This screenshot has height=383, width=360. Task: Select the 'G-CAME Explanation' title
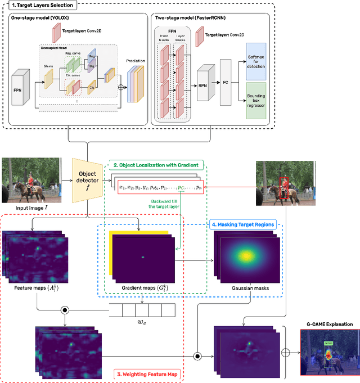pyautogui.click(x=329, y=325)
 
